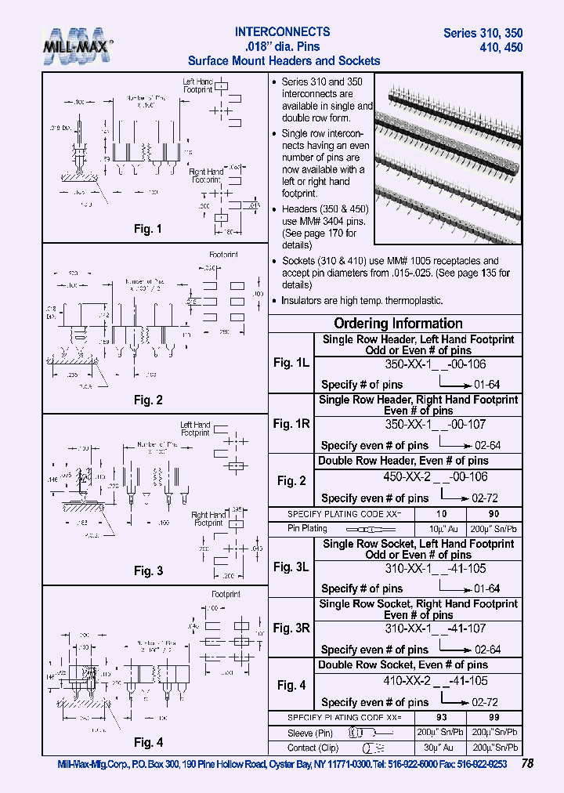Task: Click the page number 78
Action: pos(527,762)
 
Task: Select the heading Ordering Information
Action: pos(398,324)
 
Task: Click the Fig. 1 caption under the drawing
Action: pos(147,230)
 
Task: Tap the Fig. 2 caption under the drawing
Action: pos(147,400)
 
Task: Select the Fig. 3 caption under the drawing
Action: pos(147,570)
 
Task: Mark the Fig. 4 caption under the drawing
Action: pos(147,742)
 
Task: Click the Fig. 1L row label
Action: pos(291,363)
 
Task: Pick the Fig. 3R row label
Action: pos(291,628)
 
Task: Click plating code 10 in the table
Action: pos(442,513)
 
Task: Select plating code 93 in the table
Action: pos(442,718)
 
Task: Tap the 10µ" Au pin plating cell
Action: pos(442,529)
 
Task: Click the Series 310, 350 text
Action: pos(483,33)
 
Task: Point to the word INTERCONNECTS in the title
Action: pos(283,32)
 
